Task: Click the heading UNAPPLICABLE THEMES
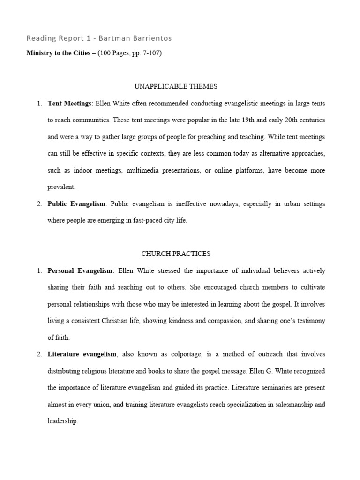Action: click(x=175, y=86)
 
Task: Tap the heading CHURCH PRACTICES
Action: click(x=176, y=254)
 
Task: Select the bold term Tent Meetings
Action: click(x=69, y=103)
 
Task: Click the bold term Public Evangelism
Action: click(x=77, y=204)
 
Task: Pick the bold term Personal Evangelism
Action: click(x=80, y=271)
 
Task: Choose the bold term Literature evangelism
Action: click(x=82, y=354)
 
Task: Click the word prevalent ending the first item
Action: click(x=61, y=187)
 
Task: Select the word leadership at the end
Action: click(x=62, y=421)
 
